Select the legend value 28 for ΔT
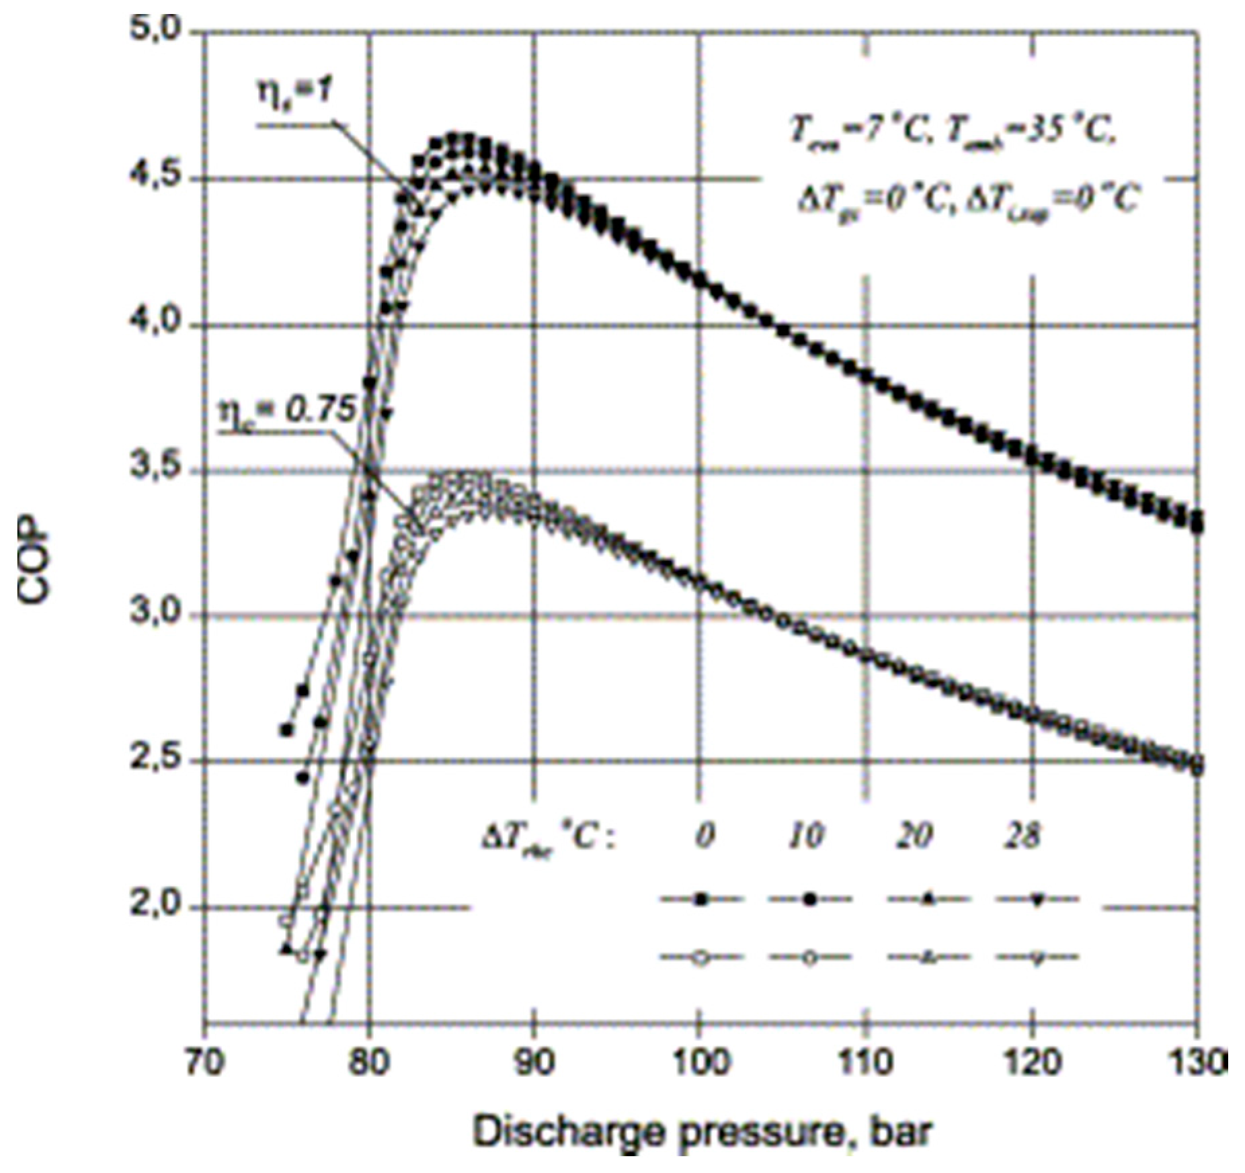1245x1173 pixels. pyautogui.click(x=1022, y=836)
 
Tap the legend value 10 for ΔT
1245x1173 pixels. pyautogui.click(x=806, y=836)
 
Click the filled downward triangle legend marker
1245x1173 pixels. pyautogui.click(x=1037, y=900)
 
